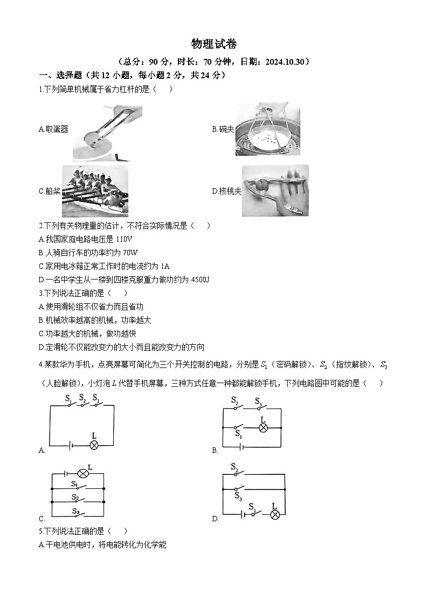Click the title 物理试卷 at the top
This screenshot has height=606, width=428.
coord(214,44)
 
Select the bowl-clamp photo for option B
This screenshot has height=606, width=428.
coord(267,130)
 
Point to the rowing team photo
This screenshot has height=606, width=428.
coord(95,190)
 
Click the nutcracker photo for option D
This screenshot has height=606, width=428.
coord(275,190)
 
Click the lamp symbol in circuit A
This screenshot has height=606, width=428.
coord(94,445)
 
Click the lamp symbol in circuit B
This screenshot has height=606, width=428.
coord(264,428)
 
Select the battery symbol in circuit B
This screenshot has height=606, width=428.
coord(241,447)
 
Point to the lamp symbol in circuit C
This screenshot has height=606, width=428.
coord(82,473)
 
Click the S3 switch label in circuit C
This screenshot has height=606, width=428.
coord(76,511)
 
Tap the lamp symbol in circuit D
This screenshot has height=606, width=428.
coord(275,515)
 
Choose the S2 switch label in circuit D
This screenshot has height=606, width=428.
coord(234,466)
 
